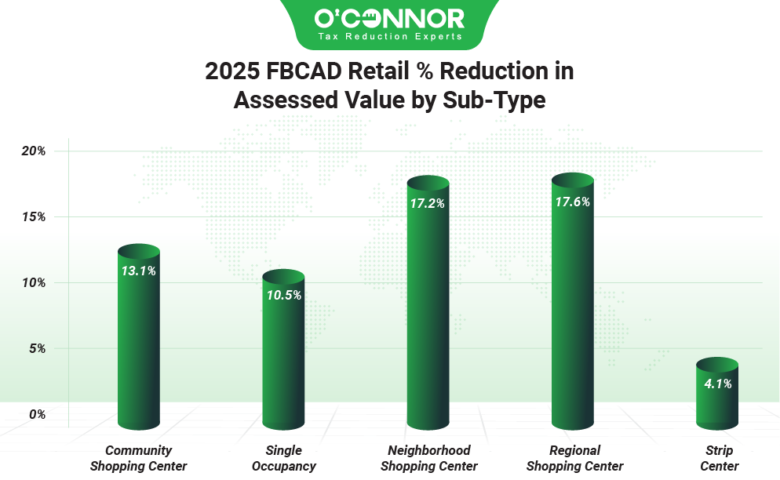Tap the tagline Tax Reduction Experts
[x=389, y=36]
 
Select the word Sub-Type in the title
[x=502, y=100]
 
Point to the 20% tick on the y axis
[x=32, y=151]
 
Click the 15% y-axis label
[x=32, y=216]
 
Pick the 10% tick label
[x=32, y=282]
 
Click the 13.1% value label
[x=138, y=271]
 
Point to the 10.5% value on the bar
[x=283, y=295]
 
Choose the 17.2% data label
[x=428, y=203]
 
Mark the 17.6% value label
[x=572, y=202]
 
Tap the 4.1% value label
[x=717, y=384]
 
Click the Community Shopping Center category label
[x=138, y=458]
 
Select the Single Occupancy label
[x=283, y=458]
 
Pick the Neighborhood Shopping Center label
[x=428, y=458]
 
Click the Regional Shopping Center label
[x=574, y=458]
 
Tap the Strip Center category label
[x=719, y=458]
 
